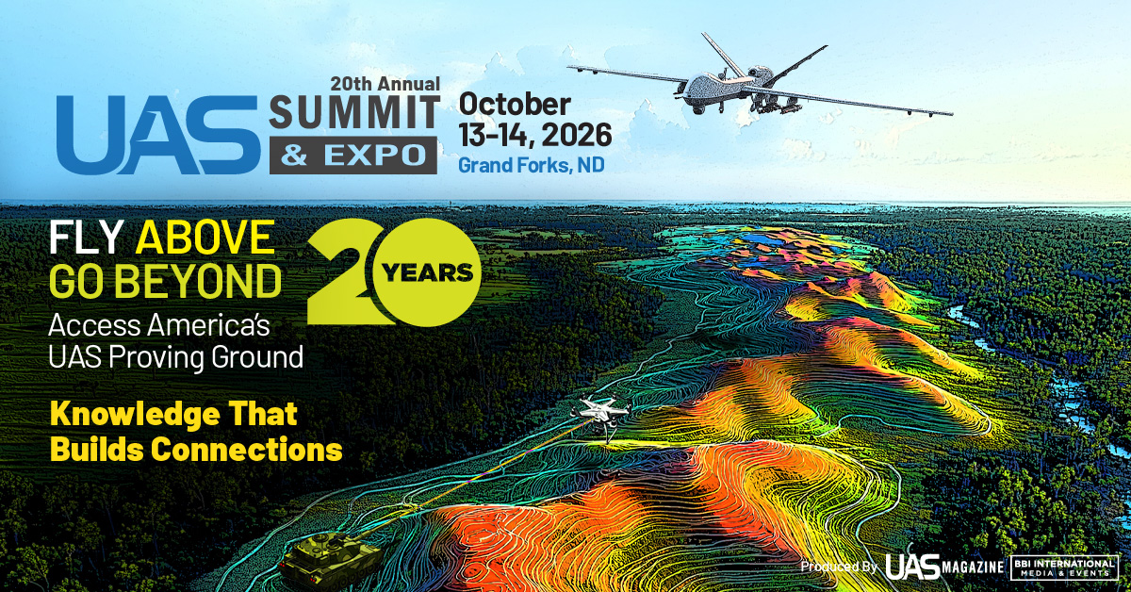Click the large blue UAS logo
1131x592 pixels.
(x=158, y=136)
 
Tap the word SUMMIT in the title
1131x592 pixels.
(x=354, y=112)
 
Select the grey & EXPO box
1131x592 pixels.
(x=352, y=156)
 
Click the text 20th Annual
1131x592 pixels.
(x=385, y=83)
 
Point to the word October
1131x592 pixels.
(x=515, y=104)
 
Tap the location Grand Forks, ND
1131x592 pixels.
(x=532, y=165)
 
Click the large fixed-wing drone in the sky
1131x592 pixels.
(x=760, y=81)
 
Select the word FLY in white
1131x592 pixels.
(x=86, y=238)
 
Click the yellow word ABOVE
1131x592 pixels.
(x=205, y=238)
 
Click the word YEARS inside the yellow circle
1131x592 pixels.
(x=427, y=273)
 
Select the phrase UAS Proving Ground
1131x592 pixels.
(x=175, y=357)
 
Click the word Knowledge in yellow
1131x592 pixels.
(x=135, y=415)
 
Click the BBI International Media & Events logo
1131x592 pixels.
(x=1064, y=567)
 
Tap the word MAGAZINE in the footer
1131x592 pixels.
(x=972, y=567)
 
